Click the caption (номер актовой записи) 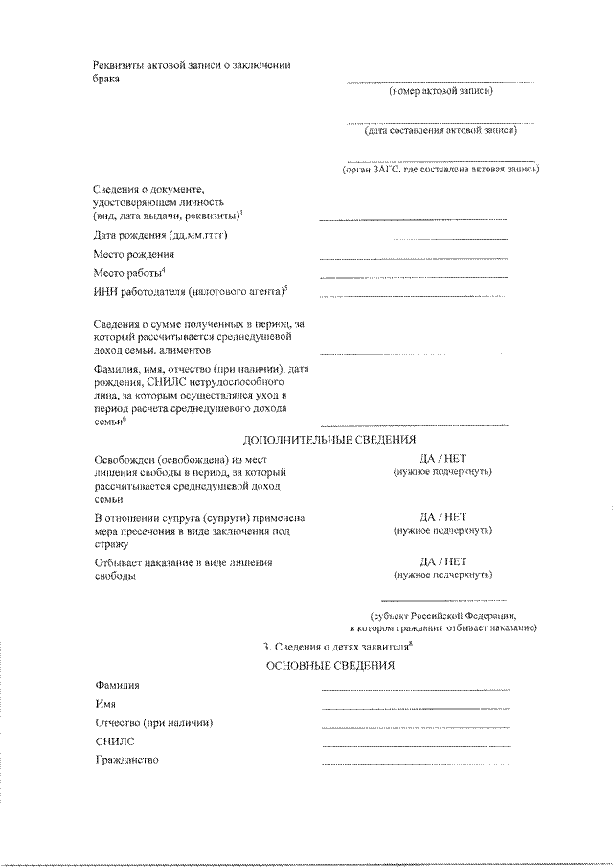pyautogui.click(x=442, y=93)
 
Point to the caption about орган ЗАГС pyautogui.click(x=442, y=169)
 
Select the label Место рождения pyautogui.click(x=133, y=255)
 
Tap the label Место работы pyautogui.click(x=130, y=274)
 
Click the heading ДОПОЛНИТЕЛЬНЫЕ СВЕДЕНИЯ pyautogui.click(x=329, y=440)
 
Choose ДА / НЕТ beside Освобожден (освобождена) pyautogui.click(x=443, y=459)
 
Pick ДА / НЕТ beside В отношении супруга pyautogui.click(x=443, y=515)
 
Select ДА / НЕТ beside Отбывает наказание pyautogui.click(x=443, y=561)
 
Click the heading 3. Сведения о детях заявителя pyautogui.click(x=330, y=645)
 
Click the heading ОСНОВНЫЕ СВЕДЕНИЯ pyautogui.click(x=329, y=665)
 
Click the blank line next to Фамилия pyautogui.click(x=415, y=690)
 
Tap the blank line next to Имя pyautogui.click(x=415, y=708)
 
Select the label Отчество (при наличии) pyautogui.click(x=152, y=722)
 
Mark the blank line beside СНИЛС pyautogui.click(x=415, y=745)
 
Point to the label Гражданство pyautogui.click(x=126, y=760)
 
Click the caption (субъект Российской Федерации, pyautogui.click(x=443, y=614)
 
